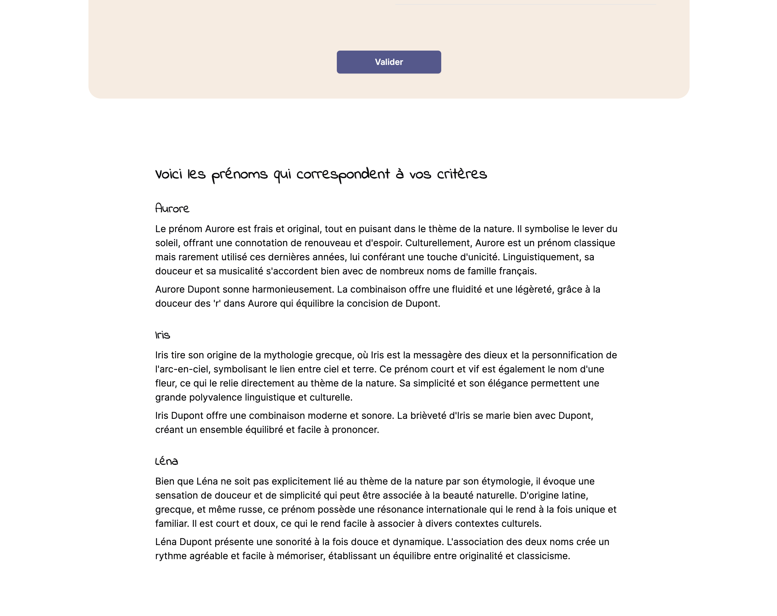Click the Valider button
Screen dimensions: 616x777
pos(389,62)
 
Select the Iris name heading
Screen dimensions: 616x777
pos(162,335)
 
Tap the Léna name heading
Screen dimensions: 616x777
pos(166,461)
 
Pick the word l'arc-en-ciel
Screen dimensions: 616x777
pos(181,369)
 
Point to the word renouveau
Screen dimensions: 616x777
pos(327,243)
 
